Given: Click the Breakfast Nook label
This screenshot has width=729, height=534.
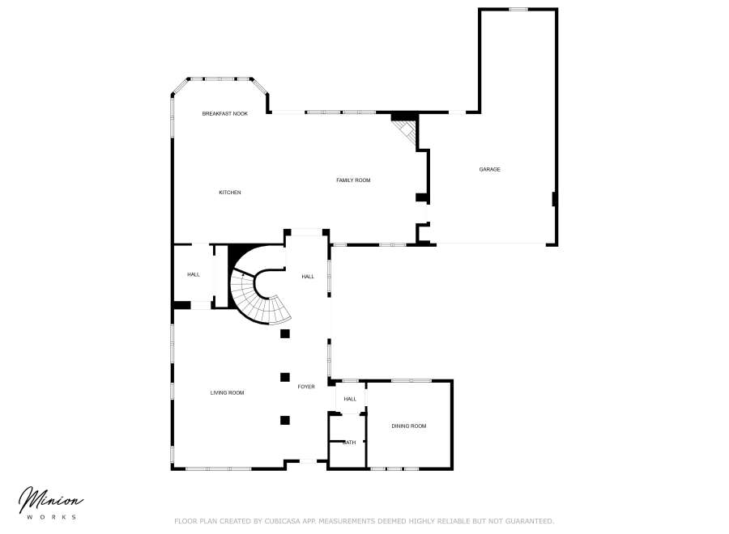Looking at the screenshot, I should click(224, 114).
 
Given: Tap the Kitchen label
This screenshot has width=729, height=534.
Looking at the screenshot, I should click(230, 193).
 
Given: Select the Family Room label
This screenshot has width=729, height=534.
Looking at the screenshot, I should click(353, 180).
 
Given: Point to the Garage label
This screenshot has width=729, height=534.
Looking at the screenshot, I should click(489, 169).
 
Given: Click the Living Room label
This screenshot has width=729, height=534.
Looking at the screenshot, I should click(227, 393).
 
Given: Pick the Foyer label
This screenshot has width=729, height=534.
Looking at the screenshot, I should click(305, 387).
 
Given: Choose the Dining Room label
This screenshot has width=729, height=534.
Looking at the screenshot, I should click(408, 426).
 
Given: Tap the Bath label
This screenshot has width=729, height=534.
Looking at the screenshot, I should click(350, 443).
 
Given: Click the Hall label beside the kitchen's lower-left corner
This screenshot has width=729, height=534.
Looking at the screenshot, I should click(194, 275).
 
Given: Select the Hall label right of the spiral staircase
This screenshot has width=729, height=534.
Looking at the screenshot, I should click(308, 277).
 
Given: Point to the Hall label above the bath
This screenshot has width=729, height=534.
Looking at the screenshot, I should click(350, 399).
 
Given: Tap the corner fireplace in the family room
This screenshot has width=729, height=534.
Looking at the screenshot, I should click(406, 129).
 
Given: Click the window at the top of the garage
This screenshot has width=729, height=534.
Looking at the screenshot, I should click(518, 9).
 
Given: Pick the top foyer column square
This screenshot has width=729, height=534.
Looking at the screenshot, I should click(284, 333).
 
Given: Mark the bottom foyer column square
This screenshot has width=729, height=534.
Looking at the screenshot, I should click(284, 420).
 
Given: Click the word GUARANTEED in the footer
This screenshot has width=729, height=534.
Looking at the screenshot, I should click(525, 521).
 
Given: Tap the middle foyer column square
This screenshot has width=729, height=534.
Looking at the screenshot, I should click(284, 376).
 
